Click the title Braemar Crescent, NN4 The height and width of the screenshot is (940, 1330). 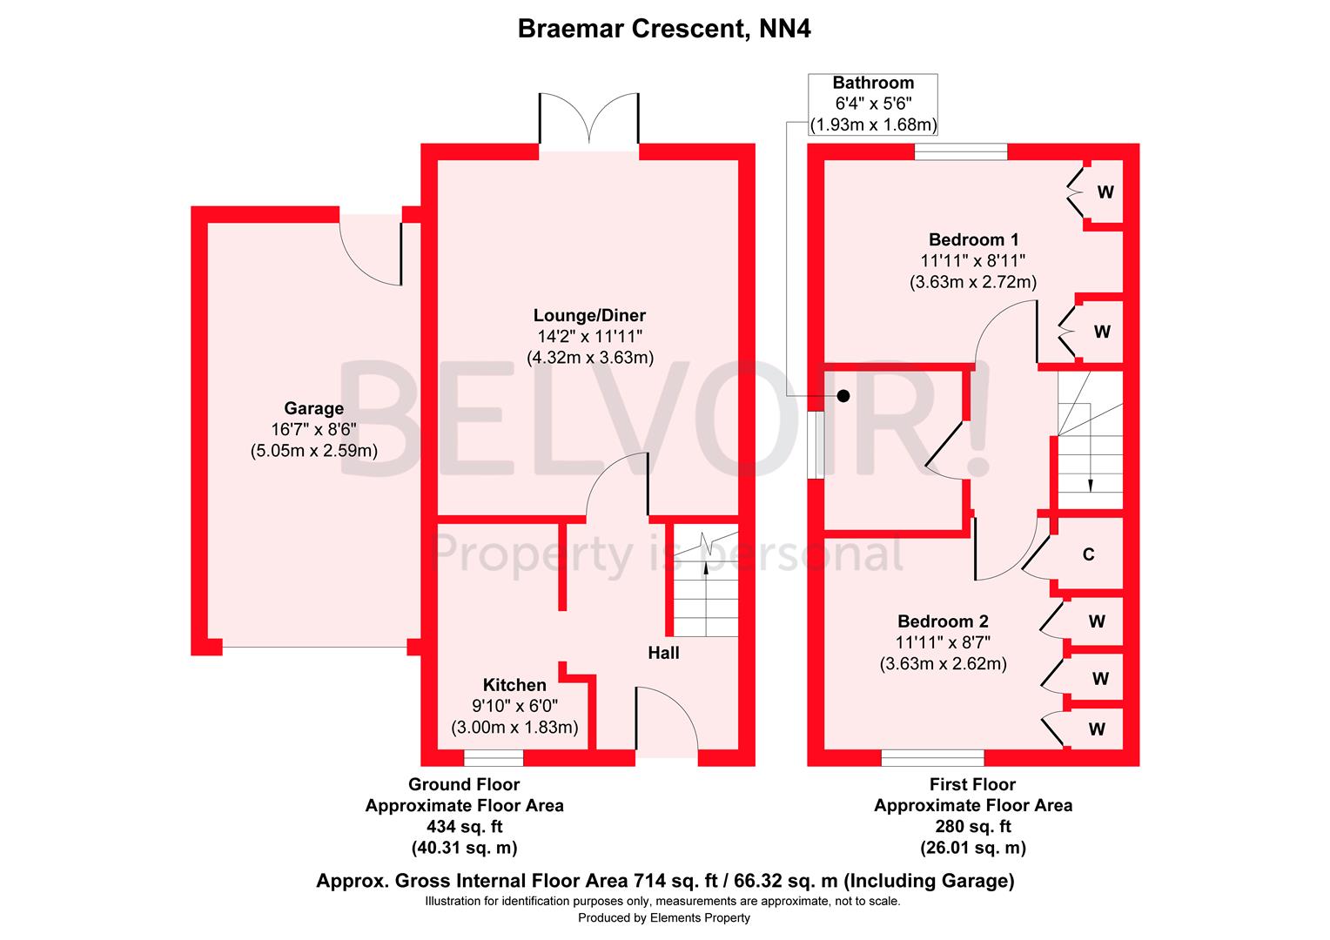pos(664,29)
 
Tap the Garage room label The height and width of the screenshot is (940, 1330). pos(313,408)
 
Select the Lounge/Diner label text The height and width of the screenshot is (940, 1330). pos(589,315)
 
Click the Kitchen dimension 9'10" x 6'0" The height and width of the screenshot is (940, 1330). pos(514,706)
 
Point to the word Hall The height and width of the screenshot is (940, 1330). pos(663,652)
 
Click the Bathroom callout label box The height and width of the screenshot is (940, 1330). pos(873,104)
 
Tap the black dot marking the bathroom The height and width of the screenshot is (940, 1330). pos(843,396)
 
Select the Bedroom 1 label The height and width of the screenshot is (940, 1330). pos(973,239)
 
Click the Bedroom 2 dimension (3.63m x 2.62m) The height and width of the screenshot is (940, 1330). pos(943,663)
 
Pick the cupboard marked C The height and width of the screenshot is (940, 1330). pos(1088,554)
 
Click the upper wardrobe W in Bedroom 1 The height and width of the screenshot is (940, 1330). pos(1105,192)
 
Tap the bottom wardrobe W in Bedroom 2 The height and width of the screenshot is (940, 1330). pos(1097,729)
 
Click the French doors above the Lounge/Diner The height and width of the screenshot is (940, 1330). pos(589,118)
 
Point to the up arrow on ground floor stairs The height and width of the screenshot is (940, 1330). pos(705,568)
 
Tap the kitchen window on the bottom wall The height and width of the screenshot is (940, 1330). pos(494,758)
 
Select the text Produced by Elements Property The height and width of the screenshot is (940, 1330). pos(664,917)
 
